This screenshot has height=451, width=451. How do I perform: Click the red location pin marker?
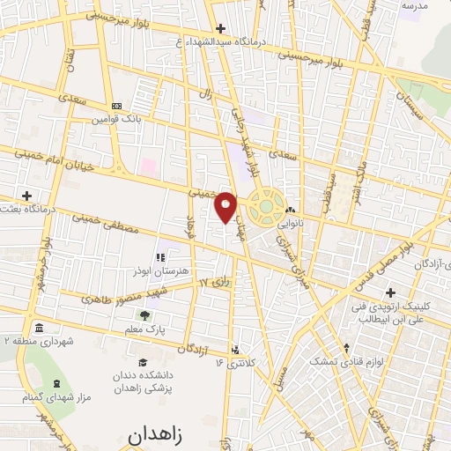[x=226, y=205]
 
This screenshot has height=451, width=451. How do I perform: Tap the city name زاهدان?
[x=159, y=434]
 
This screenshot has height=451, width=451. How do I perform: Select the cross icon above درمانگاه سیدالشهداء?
[x=221, y=28]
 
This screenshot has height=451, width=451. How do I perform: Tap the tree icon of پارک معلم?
[x=145, y=314]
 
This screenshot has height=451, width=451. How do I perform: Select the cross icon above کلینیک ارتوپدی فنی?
[x=390, y=292]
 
